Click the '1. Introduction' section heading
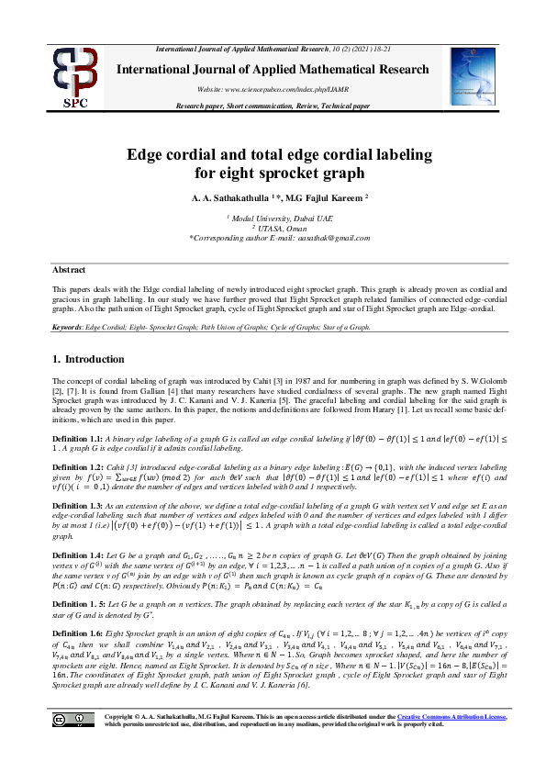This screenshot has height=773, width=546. tap(89, 359)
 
